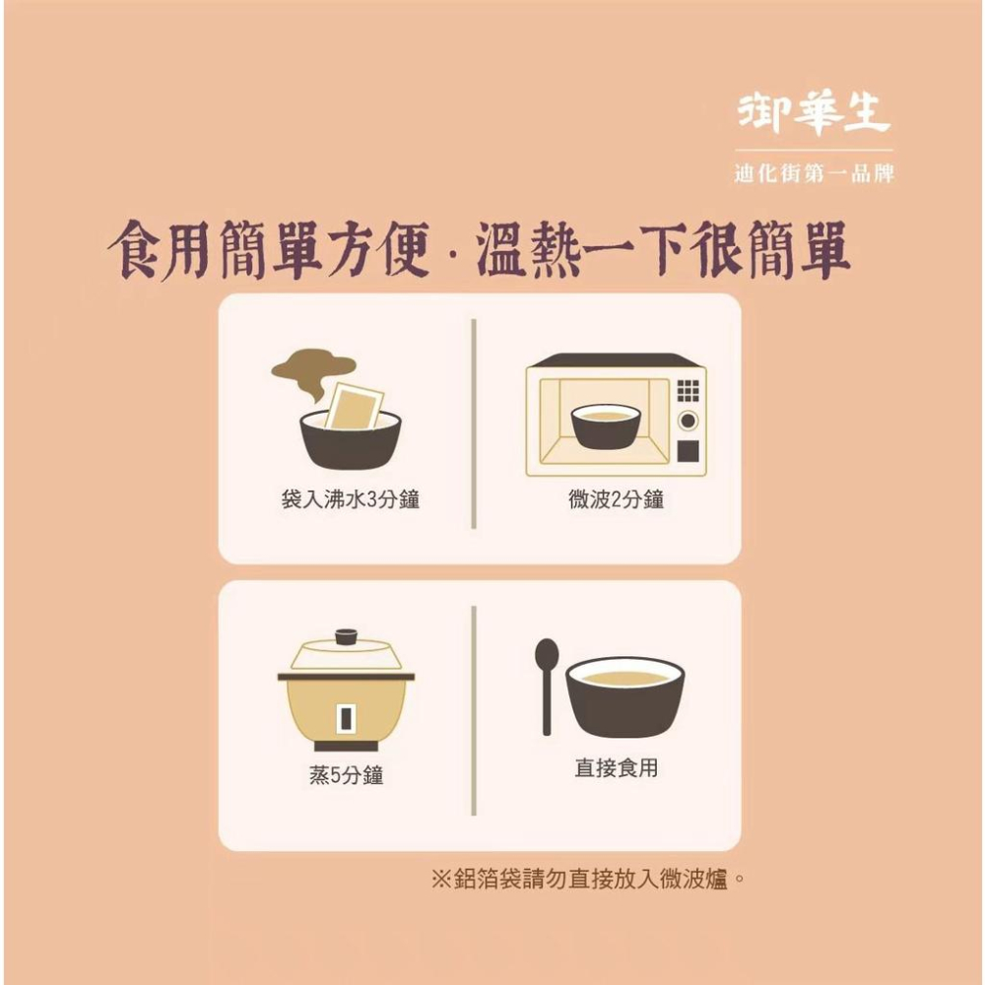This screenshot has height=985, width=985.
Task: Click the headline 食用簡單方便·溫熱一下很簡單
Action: (480, 251)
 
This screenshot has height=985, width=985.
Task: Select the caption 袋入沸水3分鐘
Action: (350, 500)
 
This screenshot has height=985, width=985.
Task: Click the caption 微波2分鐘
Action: (617, 500)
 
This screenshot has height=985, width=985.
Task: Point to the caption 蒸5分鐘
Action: (347, 776)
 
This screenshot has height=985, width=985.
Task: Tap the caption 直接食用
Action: (616, 768)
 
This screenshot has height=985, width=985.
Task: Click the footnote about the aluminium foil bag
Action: (587, 878)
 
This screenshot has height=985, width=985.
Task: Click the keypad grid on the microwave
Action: (689, 390)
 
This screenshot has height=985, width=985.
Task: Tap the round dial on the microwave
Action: (689, 422)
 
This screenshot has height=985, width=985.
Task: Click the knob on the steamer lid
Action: (346, 636)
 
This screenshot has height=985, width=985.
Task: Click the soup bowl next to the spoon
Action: (624, 694)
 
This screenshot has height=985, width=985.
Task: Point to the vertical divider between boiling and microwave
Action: (474, 424)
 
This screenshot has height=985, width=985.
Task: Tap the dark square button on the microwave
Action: (689, 451)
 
